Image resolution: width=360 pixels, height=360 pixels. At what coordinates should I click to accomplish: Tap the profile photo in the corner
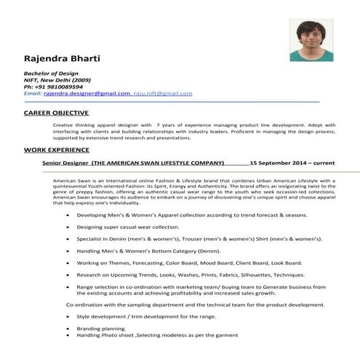click(311, 40)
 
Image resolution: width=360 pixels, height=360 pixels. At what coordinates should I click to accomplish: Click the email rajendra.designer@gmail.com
click(87, 94)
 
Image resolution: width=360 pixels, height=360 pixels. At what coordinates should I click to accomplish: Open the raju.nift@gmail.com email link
click(164, 94)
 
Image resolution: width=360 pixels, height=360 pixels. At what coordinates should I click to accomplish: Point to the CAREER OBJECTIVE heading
click(56, 113)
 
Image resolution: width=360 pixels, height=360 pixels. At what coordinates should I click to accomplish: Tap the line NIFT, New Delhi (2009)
click(57, 80)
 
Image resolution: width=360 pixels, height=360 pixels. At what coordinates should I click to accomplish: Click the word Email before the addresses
click(33, 94)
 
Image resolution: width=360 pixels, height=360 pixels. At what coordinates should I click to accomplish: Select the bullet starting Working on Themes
click(189, 262)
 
